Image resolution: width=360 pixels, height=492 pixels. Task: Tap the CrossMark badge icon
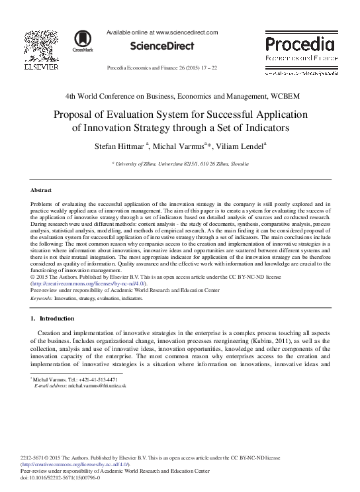tap(83, 40)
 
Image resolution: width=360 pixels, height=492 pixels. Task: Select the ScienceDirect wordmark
tap(162, 46)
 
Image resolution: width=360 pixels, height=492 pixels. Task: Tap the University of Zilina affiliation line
tap(180, 162)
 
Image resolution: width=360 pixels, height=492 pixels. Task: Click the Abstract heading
tap(42, 191)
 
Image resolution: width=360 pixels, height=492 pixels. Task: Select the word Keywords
tap(42, 299)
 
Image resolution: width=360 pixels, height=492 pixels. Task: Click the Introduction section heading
tap(57, 319)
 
